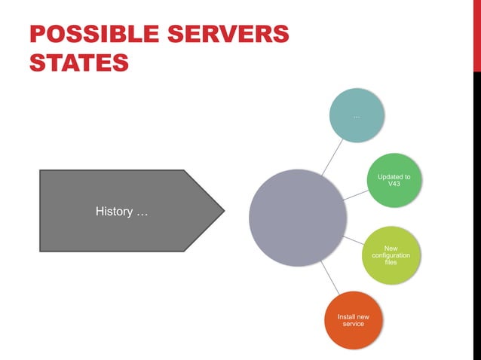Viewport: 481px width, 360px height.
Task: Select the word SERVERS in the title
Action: pos(240,35)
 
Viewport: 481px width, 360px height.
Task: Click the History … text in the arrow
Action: pos(122,212)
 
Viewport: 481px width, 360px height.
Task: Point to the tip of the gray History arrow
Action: pos(223,210)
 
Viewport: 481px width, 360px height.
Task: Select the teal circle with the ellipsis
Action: pos(357,115)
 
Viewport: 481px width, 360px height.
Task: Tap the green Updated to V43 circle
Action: pos(394,181)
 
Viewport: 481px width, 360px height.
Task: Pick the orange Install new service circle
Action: pos(353,319)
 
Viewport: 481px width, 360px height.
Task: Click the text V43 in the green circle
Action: pos(394,185)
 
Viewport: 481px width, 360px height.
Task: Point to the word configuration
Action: pos(391,256)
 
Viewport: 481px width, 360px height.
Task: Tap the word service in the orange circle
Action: pos(353,324)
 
